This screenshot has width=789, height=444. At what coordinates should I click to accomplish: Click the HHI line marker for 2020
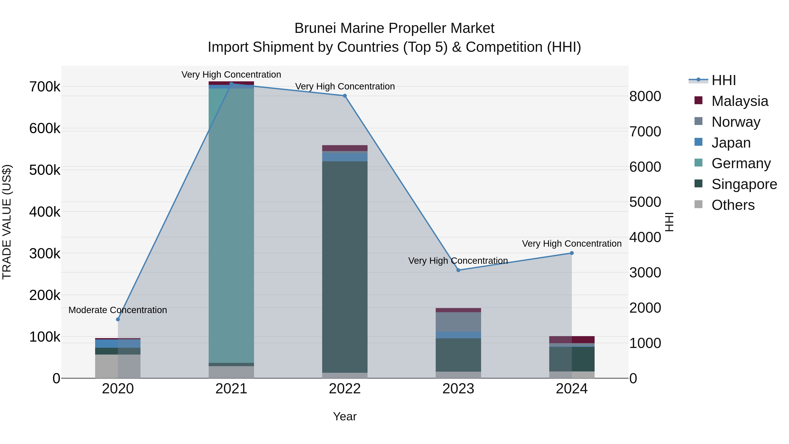(118, 319)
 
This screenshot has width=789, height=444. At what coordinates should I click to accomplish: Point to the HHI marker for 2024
(572, 253)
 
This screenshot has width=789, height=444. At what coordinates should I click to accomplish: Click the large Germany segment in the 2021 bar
(231, 225)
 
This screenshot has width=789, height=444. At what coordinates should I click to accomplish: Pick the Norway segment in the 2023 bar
(458, 322)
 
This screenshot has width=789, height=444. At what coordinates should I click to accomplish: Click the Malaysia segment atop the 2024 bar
(572, 339)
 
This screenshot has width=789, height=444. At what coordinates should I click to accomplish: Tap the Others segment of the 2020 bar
(118, 366)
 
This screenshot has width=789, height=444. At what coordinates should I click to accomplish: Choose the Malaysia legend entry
(739, 101)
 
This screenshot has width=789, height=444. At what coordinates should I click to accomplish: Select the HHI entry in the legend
(723, 80)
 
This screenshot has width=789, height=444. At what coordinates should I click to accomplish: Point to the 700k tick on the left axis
(45, 87)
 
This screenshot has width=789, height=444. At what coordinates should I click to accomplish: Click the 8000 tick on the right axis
(645, 96)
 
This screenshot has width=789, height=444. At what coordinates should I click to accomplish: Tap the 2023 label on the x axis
(458, 389)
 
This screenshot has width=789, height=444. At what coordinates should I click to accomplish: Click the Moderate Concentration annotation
(118, 310)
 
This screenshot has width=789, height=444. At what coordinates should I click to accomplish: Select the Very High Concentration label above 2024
(572, 244)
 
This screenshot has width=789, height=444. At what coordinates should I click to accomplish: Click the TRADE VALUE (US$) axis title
(7, 222)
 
